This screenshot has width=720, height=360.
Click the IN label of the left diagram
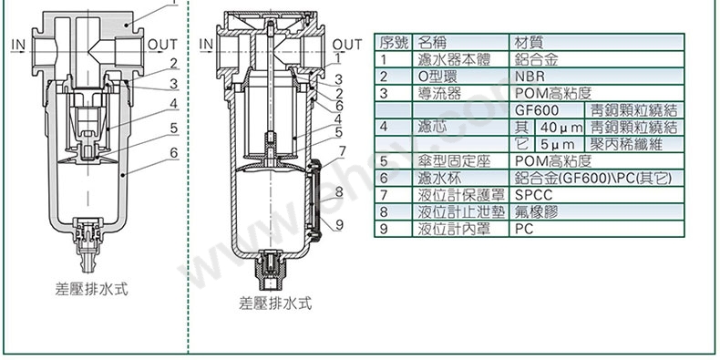tap(18, 45)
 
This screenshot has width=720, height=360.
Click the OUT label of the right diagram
tap(346, 45)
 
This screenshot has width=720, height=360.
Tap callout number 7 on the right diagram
tap(342, 151)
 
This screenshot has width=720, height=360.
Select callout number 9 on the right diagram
tap(339, 224)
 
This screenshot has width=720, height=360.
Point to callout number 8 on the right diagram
tap(339, 191)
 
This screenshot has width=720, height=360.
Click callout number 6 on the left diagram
tap(173, 152)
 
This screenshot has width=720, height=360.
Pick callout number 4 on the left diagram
tap(173, 104)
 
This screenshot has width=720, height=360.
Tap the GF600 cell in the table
tap(547, 110)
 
